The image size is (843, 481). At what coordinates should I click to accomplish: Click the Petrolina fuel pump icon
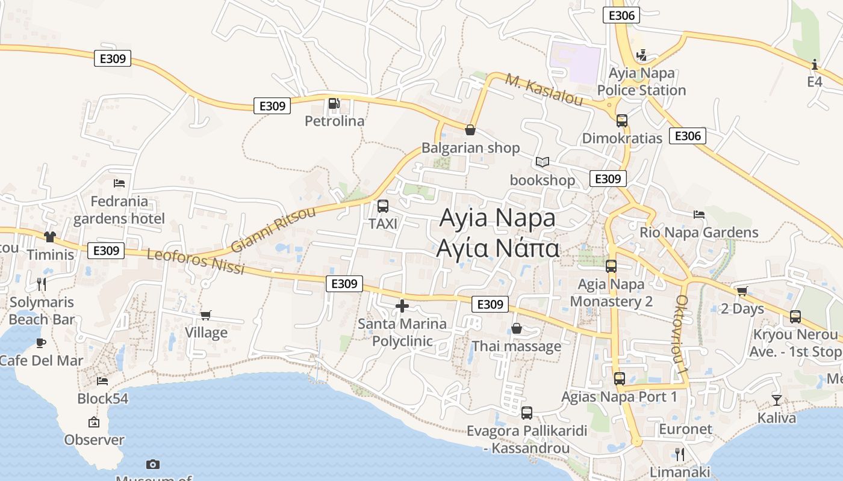[x=334, y=103]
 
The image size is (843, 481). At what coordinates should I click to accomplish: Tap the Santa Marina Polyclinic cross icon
[x=402, y=306]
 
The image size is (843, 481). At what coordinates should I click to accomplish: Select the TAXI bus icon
[x=382, y=206]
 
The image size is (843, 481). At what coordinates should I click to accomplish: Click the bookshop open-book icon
[x=543, y=162]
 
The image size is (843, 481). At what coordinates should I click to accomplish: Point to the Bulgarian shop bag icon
[x=470, y=129]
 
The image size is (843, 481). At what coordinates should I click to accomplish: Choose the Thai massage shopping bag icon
[x=516, y=328]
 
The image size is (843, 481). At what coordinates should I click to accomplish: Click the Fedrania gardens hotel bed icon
[x=119, y=183]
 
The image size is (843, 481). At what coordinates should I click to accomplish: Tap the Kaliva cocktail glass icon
[x=777, y=400]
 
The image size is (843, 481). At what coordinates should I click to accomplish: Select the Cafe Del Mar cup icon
[x=40, y=343]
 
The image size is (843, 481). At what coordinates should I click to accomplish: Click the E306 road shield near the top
[x=621, y=16]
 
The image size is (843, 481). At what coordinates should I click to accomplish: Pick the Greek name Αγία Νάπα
[x=499, y=248]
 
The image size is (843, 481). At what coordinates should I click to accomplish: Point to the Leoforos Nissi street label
[x=196, y=262]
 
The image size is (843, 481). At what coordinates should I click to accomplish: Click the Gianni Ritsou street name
[x=273, y=230]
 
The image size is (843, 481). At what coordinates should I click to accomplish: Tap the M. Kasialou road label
[x=544, y=90]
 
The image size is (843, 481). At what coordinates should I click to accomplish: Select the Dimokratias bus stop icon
[x=622, y=120]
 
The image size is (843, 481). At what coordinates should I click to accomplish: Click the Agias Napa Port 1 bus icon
[x=620, y=378]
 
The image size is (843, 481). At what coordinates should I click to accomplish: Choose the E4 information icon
[x=815, y=64]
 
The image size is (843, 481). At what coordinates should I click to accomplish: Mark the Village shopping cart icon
[x=206, y=314]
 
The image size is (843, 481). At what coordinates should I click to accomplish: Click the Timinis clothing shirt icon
[x=49, y=237]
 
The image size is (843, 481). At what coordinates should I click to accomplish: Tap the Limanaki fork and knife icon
[x=680, y=454]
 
